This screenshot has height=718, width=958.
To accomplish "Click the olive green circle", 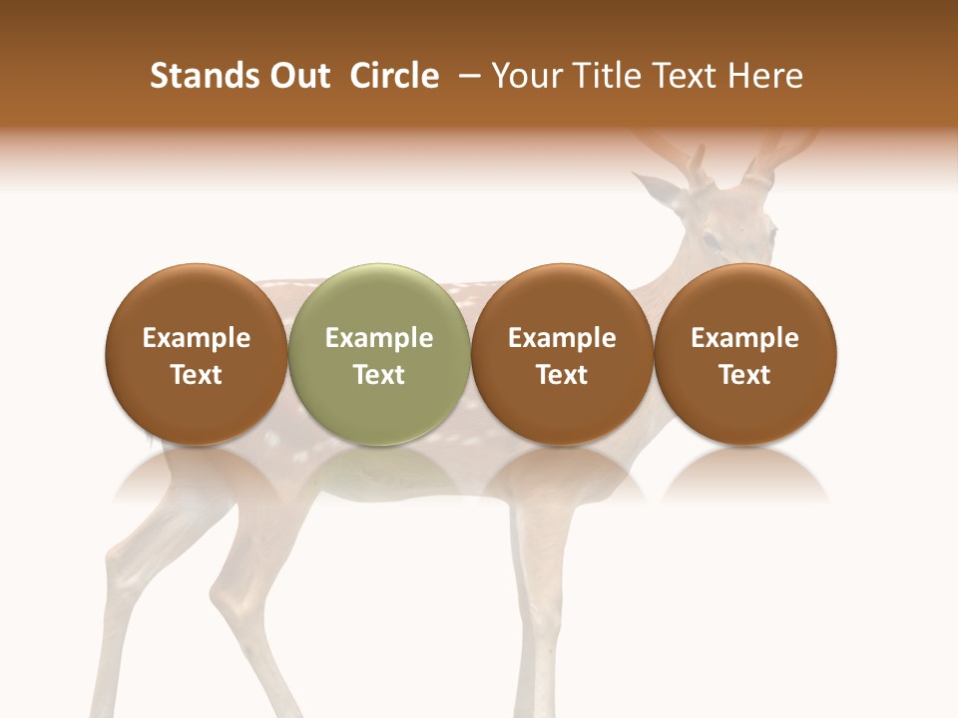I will click(379, 354).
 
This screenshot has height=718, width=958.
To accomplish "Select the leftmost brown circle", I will click(197, 354).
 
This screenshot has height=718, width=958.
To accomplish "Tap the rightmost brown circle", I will click(745, 354).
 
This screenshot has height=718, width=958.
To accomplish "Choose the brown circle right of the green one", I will click(562, 354).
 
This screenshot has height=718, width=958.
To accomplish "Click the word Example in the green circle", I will click(379, 338).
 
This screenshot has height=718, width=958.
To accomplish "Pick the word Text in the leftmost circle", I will click(197, 375).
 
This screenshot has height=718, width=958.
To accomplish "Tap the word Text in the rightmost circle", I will click(745, 375).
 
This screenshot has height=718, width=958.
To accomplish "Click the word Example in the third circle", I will click(562, 338).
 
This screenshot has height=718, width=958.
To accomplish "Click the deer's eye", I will click(708, 240).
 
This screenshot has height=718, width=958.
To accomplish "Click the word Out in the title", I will click(300, 76).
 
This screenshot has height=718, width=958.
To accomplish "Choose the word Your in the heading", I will click(522, 76).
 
